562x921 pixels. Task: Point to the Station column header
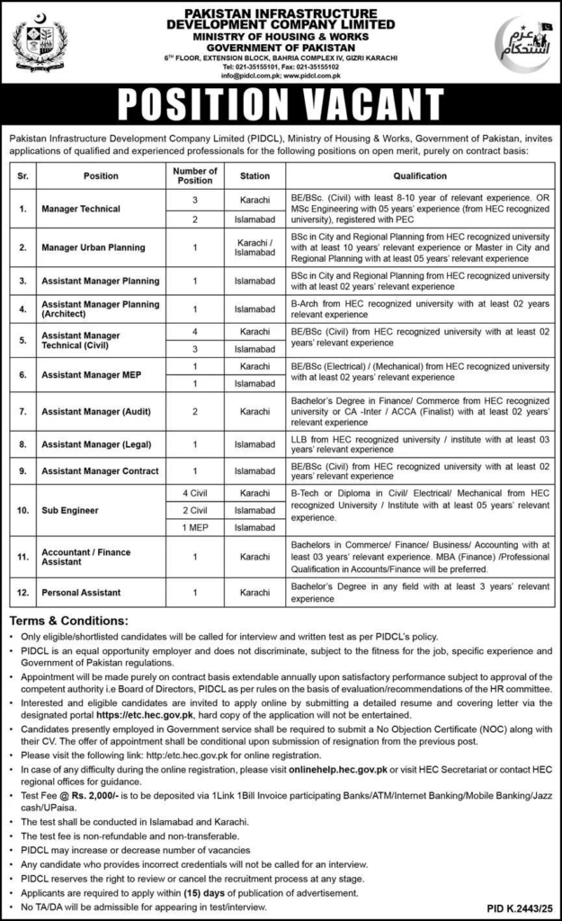254,176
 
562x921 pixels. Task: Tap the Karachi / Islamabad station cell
254,246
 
